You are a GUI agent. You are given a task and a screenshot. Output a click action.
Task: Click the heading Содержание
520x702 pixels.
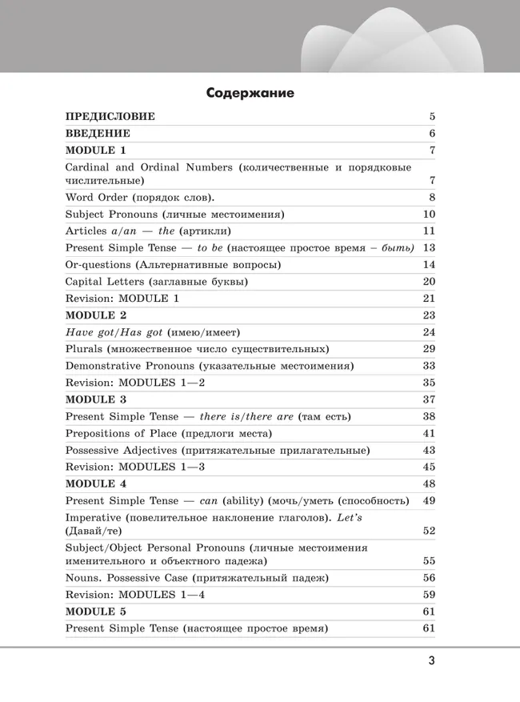click(250, 93)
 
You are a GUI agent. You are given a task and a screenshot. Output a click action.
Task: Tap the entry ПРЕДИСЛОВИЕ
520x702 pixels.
click(110, 117)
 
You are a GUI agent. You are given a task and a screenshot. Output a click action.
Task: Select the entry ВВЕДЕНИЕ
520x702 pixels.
click(98, 134)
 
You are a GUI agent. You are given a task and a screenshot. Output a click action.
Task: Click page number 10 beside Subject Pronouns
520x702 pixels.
click(429, 215)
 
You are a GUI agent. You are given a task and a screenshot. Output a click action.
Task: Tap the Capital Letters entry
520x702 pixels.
click(157, 282)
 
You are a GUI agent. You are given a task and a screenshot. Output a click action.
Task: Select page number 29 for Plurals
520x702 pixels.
click(429, 349)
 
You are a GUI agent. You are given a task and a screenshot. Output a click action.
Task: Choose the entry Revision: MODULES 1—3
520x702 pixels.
click(135, 467)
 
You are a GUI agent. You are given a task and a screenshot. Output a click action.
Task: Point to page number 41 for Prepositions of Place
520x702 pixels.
click(429, 433)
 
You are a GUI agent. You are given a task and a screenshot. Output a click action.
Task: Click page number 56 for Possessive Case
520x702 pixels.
click(429, 577)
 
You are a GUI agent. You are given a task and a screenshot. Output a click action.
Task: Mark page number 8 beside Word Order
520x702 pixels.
click(432, 198)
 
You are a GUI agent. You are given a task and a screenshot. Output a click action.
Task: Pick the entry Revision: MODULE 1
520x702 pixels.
click(122, 299)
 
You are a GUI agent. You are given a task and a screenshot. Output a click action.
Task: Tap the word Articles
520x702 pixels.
click(86, 231)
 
